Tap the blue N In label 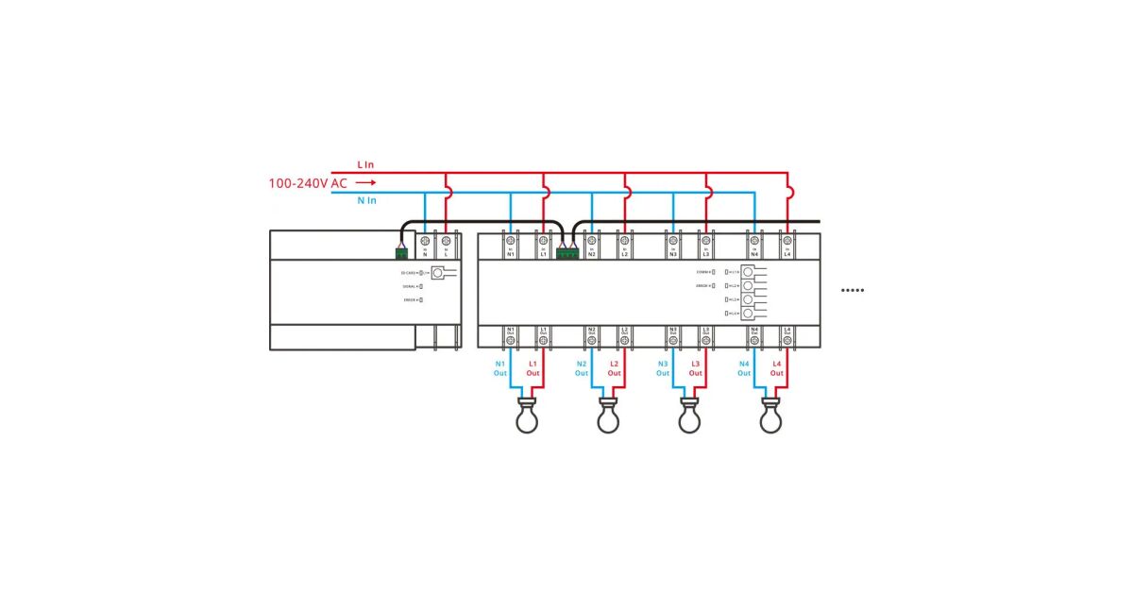[x=366, y=200]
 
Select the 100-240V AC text [x=308, y=182]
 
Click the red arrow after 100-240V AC [x=366, y=182]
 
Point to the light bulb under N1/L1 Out [x=527, y=416]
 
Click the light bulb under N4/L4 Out [x=771, y=416]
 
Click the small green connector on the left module [x=402, y=252]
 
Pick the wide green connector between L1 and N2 [x=567, y=252]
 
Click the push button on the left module [x=437, y=272]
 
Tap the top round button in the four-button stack [x=749, y=272]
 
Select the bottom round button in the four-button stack [x=749, y=312]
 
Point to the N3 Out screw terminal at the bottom [x=673, y=340]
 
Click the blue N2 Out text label [x=582, y=367]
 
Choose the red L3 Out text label [x=696, y=367]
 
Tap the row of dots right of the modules [x=853, y=290]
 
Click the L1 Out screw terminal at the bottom [x=543, y=340]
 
